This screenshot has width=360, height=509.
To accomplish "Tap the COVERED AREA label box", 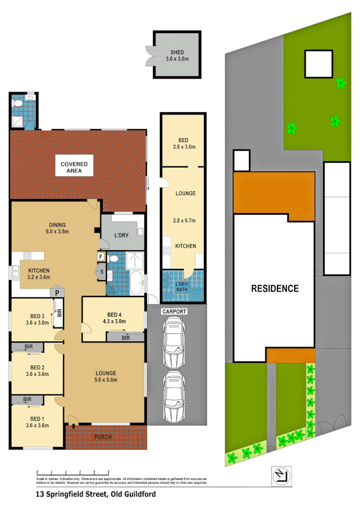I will coord(74,167).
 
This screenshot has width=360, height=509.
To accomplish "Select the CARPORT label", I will coord(174,312).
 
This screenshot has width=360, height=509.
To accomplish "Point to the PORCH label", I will coord(103,437).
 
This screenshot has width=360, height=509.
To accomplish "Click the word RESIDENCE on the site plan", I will coord(275,289).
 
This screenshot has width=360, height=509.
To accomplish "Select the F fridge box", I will coord(101,256).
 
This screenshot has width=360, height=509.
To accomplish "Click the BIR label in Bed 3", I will coord(59,313).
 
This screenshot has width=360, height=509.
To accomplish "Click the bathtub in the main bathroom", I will coord(136,283).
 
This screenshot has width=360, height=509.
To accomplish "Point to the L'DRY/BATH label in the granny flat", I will coord(183,287).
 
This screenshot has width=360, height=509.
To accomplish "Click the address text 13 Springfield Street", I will coord(96,494).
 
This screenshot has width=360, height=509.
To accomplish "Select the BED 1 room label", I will coord(37,422).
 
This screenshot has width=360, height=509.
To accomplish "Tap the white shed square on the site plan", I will coord(318,63).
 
